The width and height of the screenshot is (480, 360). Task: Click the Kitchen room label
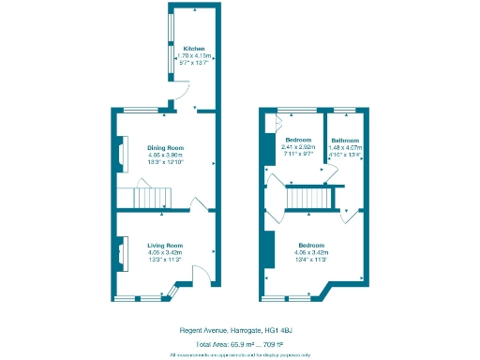tap(193, 49)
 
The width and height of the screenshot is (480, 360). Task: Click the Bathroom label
tap(345, 141)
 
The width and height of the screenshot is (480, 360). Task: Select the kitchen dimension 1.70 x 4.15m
tap(193, 56)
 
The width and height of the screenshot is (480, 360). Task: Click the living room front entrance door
tap(198, 275)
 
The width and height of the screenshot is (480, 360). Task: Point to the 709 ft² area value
tap(274, 344)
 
